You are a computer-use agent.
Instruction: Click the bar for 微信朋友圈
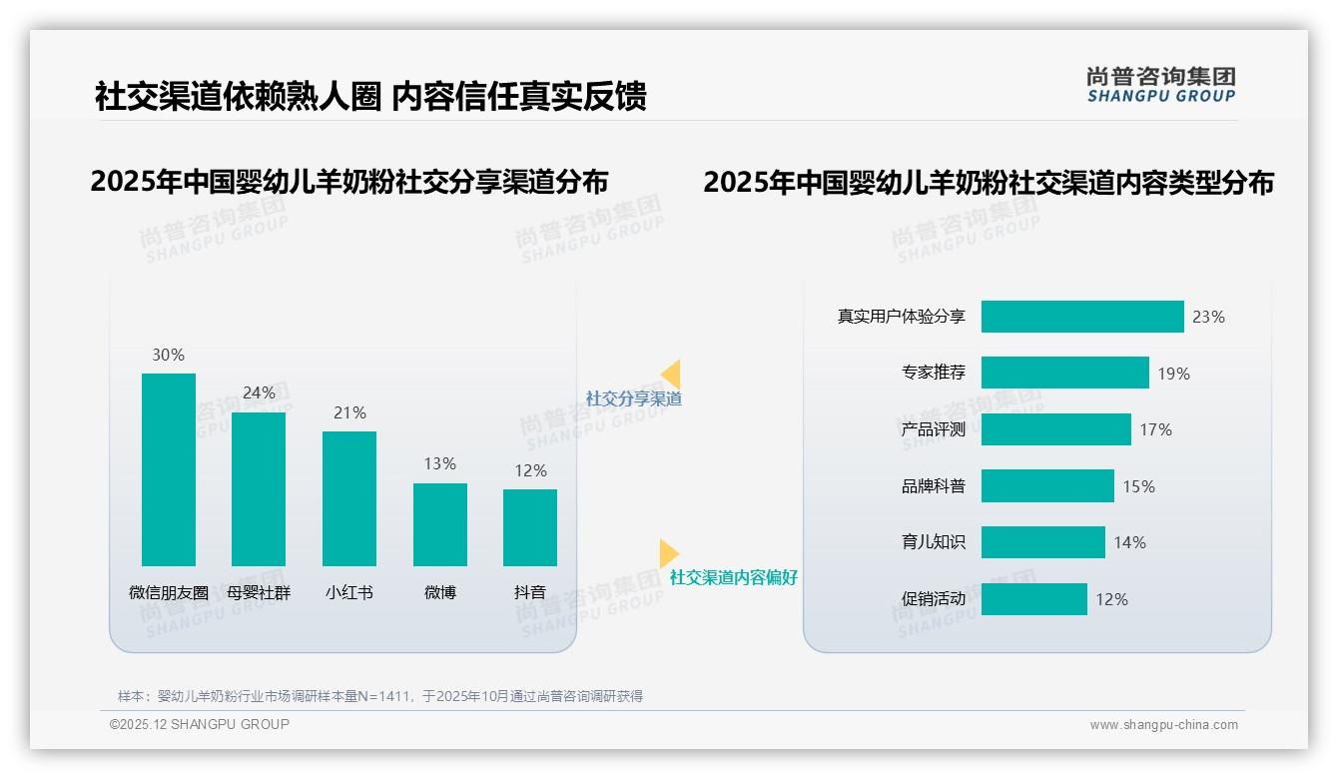pos(169,469)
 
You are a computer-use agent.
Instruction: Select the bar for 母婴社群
pos(259,488)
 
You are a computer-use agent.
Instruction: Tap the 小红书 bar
pos(349,498)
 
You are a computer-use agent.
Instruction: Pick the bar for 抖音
pos(530,527)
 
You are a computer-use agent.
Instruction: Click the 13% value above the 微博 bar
pos(439,463)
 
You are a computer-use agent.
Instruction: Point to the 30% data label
pos(168,355)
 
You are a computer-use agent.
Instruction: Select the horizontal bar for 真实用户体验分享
pos(1082,317)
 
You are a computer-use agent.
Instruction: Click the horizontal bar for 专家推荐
pos(1064,373)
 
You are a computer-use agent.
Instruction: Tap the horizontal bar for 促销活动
pos(1033,599)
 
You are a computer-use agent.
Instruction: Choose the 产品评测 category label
pos(933,430)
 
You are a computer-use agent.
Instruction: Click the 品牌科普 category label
pos(933,486)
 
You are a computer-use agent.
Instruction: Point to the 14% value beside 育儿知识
pos(1129,542)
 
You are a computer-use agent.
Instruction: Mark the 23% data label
pos(1208,317)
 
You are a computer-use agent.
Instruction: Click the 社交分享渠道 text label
pos(633,398)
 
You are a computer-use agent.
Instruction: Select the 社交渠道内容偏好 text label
pos(733,577)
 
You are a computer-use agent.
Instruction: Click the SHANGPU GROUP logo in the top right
pos(1160,85)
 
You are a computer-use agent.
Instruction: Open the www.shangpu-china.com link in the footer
pos(1163,725)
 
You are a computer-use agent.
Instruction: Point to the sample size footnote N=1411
pos(379,696)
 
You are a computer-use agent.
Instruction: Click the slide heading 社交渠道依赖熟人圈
pos(238,96)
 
